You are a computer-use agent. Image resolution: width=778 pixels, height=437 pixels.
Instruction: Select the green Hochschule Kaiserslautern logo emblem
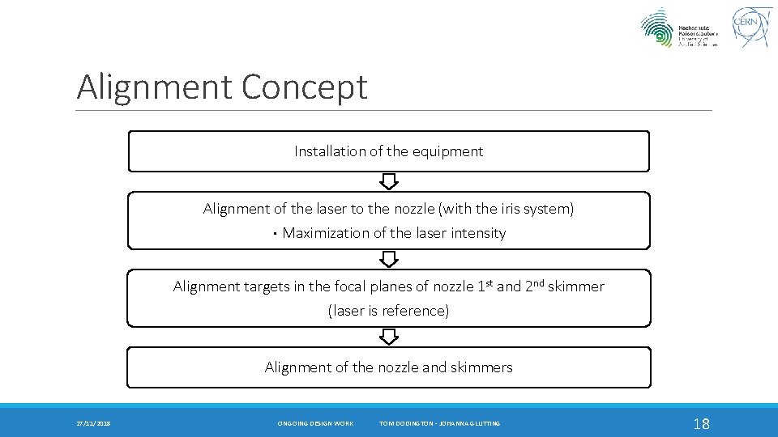pyautogui.click(x=657, y=28)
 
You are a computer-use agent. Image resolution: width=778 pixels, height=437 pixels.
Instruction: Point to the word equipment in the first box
pyautogui.click(x=447, y=151)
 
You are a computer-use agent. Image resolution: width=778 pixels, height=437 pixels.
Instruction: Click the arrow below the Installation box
pyautogui.click(x=389, y=181)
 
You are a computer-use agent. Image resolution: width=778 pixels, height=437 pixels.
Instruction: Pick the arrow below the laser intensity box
pyautogui.click(x=389, y=259)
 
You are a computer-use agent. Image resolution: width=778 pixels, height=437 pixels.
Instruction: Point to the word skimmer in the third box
pyautogui.click(x=575, y=286)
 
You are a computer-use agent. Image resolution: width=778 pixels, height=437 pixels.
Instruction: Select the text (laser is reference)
pyautogui.click(x=388, y=311)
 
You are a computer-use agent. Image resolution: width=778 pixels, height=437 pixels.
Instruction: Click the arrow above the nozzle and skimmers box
pyautogui.click(x=389, y=337)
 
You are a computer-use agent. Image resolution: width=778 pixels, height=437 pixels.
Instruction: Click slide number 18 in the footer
pyautogui.click(x=702, y=423)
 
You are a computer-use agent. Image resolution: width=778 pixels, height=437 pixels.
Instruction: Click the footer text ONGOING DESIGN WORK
pyautogui.click(x=315, y=423)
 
